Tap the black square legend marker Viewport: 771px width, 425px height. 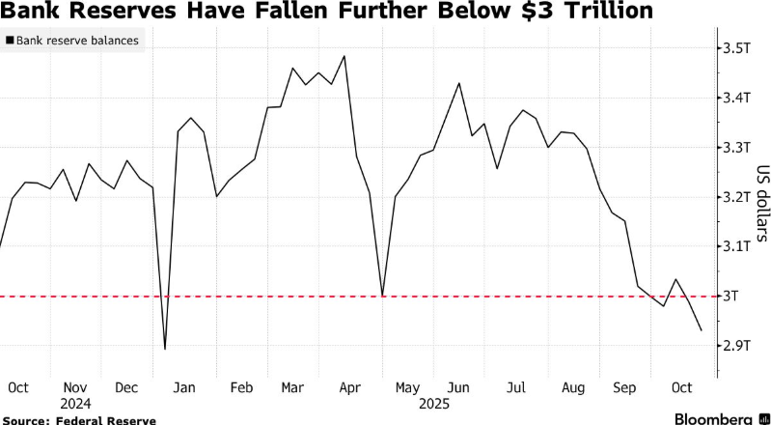(x=10, y=42)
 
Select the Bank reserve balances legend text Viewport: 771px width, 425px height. (x=77, y=42)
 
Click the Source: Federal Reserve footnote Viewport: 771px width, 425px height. (x=64, y=418)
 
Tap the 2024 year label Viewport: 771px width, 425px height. (x=74, y=404)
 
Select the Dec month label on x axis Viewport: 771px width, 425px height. (x=127, y=387)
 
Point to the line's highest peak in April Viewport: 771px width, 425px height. (x=344, y=56)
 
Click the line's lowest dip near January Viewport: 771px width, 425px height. (x=165, y=349)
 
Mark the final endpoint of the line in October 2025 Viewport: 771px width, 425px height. (x=701, y=330)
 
